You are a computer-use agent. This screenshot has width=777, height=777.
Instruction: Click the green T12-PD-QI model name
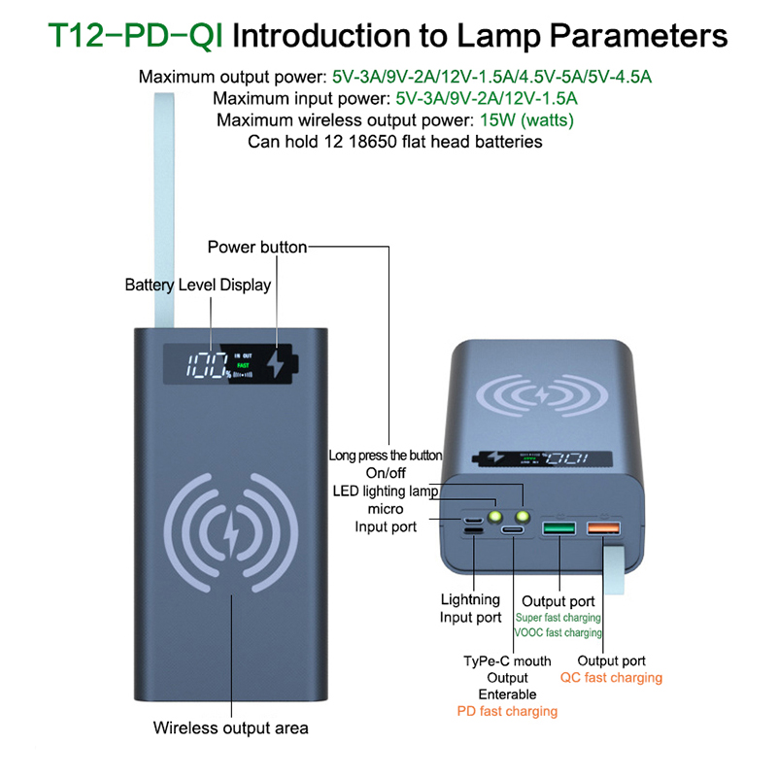(136, 36)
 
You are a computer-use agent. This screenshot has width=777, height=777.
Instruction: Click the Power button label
(256, 248)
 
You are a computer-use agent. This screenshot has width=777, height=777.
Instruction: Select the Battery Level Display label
(198, 285)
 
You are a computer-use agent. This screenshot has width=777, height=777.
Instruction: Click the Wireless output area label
(231, 727)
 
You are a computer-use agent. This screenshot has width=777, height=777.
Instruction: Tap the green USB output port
(560, 529)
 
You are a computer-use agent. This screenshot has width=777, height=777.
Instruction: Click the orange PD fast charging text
(507, 711)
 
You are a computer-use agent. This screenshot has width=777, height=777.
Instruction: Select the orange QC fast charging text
(611, 677)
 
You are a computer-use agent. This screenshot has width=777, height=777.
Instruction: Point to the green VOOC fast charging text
(557, 632)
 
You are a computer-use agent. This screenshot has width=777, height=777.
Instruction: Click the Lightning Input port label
(471, 608)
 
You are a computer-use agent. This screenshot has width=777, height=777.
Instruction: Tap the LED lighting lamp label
(385, 490)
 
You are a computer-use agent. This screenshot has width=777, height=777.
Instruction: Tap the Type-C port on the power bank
(512, 531)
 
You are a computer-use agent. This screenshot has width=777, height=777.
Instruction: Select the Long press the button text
(385, 455)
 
